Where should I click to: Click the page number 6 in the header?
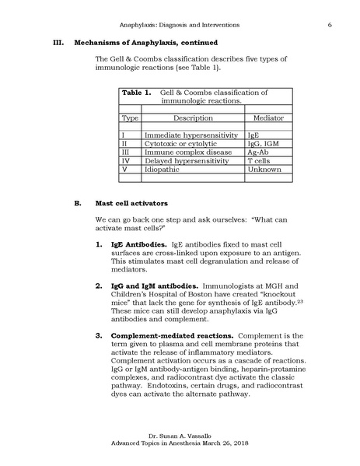coord(330,26)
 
